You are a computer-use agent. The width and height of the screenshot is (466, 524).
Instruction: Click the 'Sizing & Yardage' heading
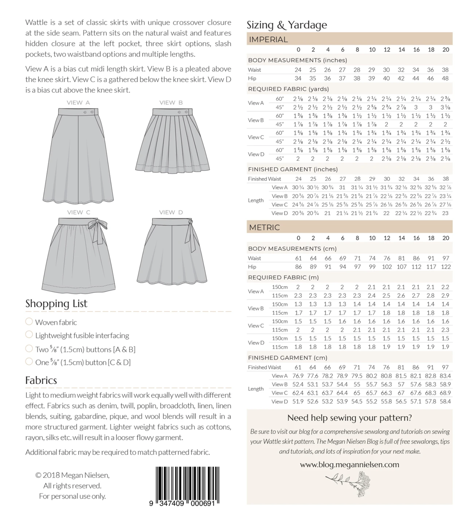(x=287, y=25)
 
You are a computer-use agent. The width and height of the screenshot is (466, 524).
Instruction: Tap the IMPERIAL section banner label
(x=268, y=39)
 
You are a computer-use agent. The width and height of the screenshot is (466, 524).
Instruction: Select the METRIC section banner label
(x=264, y=227)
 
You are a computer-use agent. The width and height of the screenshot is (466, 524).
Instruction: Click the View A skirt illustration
(x=78, y=155)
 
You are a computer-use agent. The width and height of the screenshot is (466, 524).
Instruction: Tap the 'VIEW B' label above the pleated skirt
(x=171, y=103)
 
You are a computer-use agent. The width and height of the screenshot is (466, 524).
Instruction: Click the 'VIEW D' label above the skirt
(x=171, y=212)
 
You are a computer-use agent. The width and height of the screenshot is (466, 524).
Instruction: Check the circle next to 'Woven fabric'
(x=29, y=322)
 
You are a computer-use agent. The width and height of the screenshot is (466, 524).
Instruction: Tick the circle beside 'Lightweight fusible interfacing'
(x=29, y=334)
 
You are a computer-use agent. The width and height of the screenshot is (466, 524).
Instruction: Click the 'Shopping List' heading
(x=56, y=303)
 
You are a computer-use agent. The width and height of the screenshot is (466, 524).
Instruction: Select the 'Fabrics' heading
(x=41, y=380)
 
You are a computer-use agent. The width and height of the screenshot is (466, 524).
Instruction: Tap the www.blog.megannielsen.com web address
(x=349, y=464)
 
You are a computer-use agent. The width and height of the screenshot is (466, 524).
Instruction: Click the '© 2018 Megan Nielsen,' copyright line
(x=72, y=475)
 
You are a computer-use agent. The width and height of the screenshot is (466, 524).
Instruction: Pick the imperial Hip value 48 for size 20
(x=445, y=78)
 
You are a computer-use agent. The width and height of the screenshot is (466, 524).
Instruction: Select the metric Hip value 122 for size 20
(x=446, y=267)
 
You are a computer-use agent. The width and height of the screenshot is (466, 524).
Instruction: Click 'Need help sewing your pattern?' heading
(x=349, y=418)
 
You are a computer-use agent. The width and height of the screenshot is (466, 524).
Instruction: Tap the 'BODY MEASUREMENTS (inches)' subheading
(x=293, y=60)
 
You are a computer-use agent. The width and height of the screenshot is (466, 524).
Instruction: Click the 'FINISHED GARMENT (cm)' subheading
(x=288, y=358)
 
